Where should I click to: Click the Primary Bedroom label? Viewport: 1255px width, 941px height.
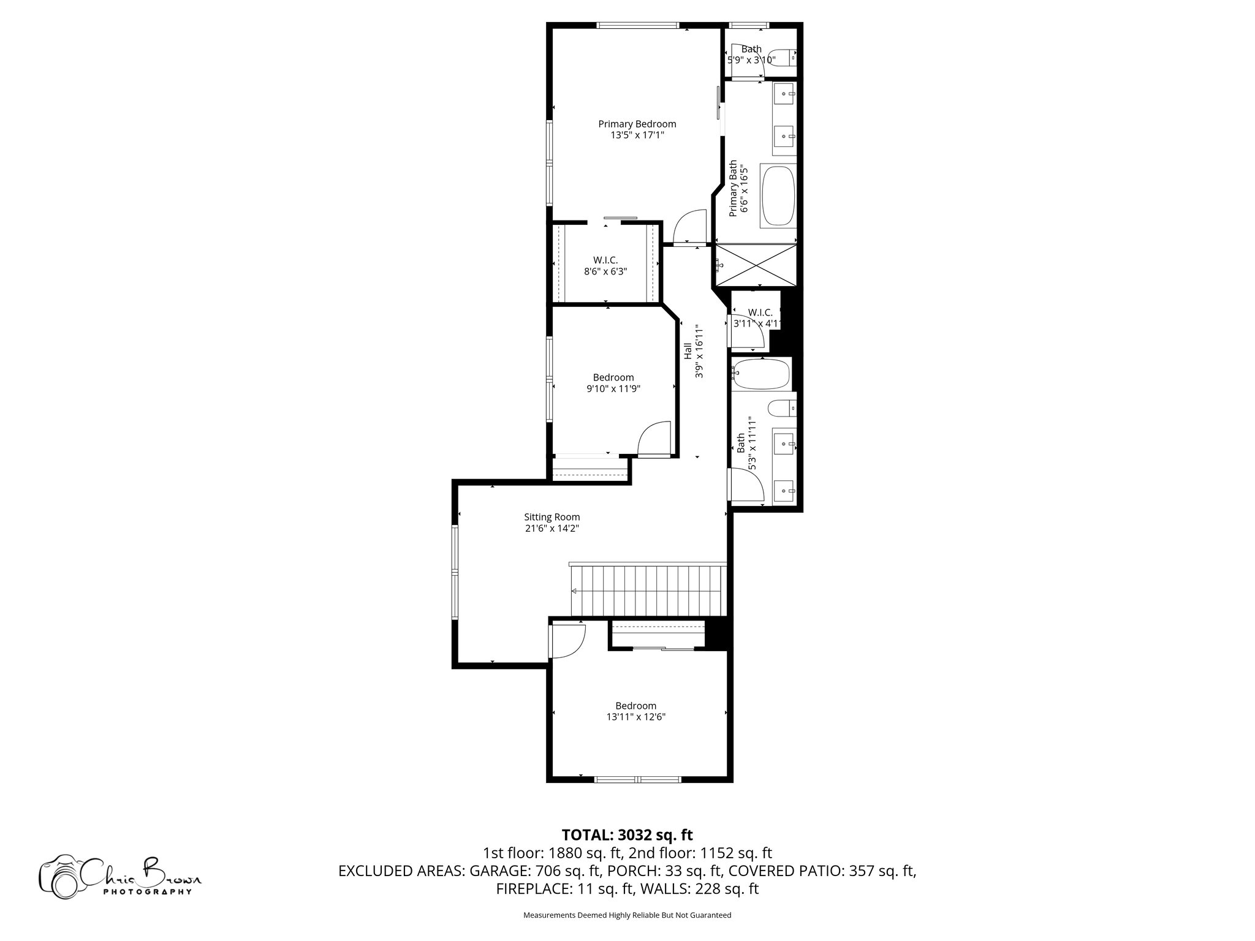[637, 124]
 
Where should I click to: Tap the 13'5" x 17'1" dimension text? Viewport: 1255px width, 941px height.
[637, 135]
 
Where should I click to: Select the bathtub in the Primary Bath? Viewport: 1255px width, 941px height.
[778, 196]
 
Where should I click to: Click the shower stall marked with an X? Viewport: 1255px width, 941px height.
[757, 265]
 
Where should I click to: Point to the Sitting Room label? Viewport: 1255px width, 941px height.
[552, 517]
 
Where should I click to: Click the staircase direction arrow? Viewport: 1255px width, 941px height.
[574, 591]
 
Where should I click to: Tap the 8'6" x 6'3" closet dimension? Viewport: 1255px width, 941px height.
[605, 271]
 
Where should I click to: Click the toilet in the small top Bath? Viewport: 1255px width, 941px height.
[783, 58]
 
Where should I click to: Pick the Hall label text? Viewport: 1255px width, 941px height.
[688, 351]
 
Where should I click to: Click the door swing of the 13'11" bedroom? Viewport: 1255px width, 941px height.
[567, 640]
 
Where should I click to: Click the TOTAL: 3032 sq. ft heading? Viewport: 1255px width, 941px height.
[627, 834]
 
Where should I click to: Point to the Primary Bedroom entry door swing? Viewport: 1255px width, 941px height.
[690, 227]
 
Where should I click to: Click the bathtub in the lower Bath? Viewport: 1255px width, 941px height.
[762, 374]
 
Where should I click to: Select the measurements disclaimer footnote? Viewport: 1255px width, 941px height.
[627, 915]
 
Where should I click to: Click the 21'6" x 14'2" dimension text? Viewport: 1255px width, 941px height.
[552, 528]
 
